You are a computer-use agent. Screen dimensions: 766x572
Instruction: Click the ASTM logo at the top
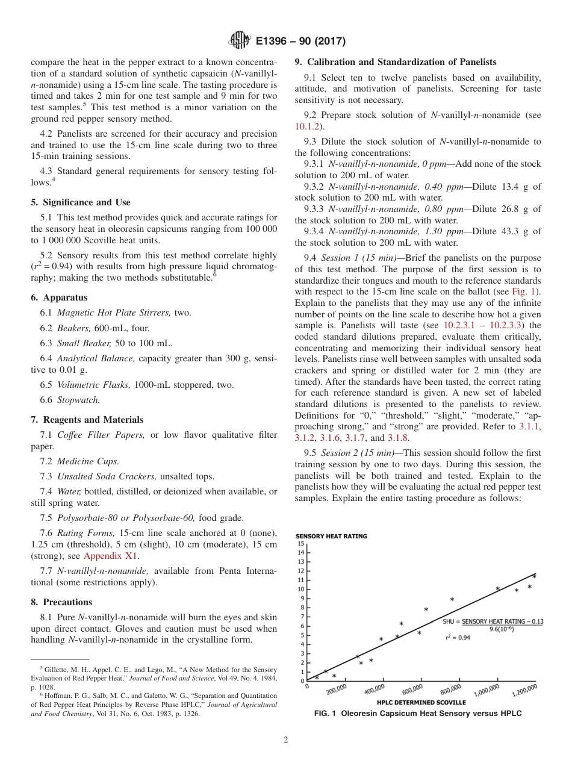tap(240, 41)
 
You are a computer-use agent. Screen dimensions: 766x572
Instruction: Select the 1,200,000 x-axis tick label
tap(524, 690)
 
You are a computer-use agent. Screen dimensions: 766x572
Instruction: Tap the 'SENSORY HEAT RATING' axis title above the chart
tap(331, 536)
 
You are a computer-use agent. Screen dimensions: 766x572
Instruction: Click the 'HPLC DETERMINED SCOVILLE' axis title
tap(421, 702)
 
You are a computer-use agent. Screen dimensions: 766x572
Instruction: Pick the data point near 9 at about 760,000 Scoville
tap(452, 599)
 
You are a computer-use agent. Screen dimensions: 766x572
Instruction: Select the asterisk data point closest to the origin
tap(317, 677)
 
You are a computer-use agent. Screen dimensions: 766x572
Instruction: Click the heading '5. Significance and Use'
tap(80, 202)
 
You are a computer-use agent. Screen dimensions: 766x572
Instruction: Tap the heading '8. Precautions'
tap(61, 602)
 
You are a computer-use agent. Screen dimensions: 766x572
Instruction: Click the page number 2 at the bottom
tap(285, 740)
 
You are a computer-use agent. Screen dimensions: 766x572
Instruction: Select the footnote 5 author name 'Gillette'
tap(58, 670)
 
